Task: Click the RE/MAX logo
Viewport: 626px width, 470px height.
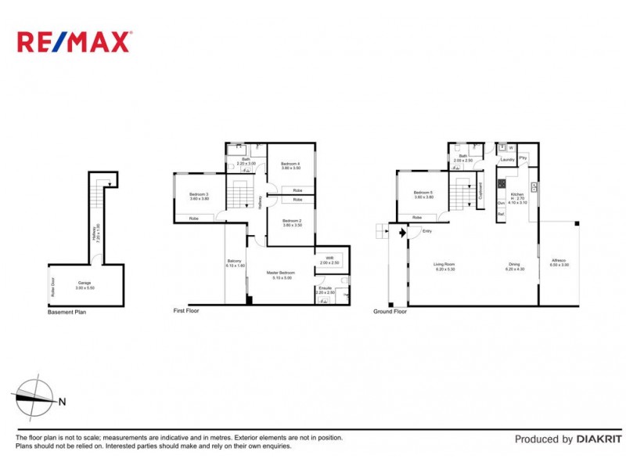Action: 75,42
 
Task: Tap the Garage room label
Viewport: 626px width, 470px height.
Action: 85,284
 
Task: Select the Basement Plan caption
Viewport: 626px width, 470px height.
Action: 67,313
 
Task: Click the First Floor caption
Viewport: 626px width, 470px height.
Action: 186,311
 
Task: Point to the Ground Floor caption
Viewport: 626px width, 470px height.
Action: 390,311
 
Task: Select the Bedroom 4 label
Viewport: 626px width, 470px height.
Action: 291,165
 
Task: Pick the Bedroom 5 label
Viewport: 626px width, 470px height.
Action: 423,194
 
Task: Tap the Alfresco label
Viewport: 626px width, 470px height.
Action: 559,262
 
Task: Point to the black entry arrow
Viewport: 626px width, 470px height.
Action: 401,232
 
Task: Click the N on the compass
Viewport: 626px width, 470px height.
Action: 62,403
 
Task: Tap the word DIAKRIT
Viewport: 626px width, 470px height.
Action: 599,439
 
